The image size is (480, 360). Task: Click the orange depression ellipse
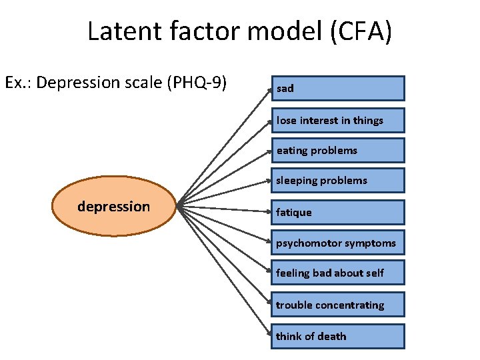coord(113,207)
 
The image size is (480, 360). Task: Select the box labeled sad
coord(337,88)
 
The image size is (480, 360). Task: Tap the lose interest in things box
coord(337,120)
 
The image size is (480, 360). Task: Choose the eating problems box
coord(337,151)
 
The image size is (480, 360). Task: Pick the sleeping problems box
coord(337,180)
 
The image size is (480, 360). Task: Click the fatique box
coord(337,212)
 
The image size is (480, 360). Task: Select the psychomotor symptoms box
coord(337,243)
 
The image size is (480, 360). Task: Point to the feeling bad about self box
coord(337,273)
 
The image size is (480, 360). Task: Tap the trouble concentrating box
coord(337,305)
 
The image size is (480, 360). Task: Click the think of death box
coord(337,336)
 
